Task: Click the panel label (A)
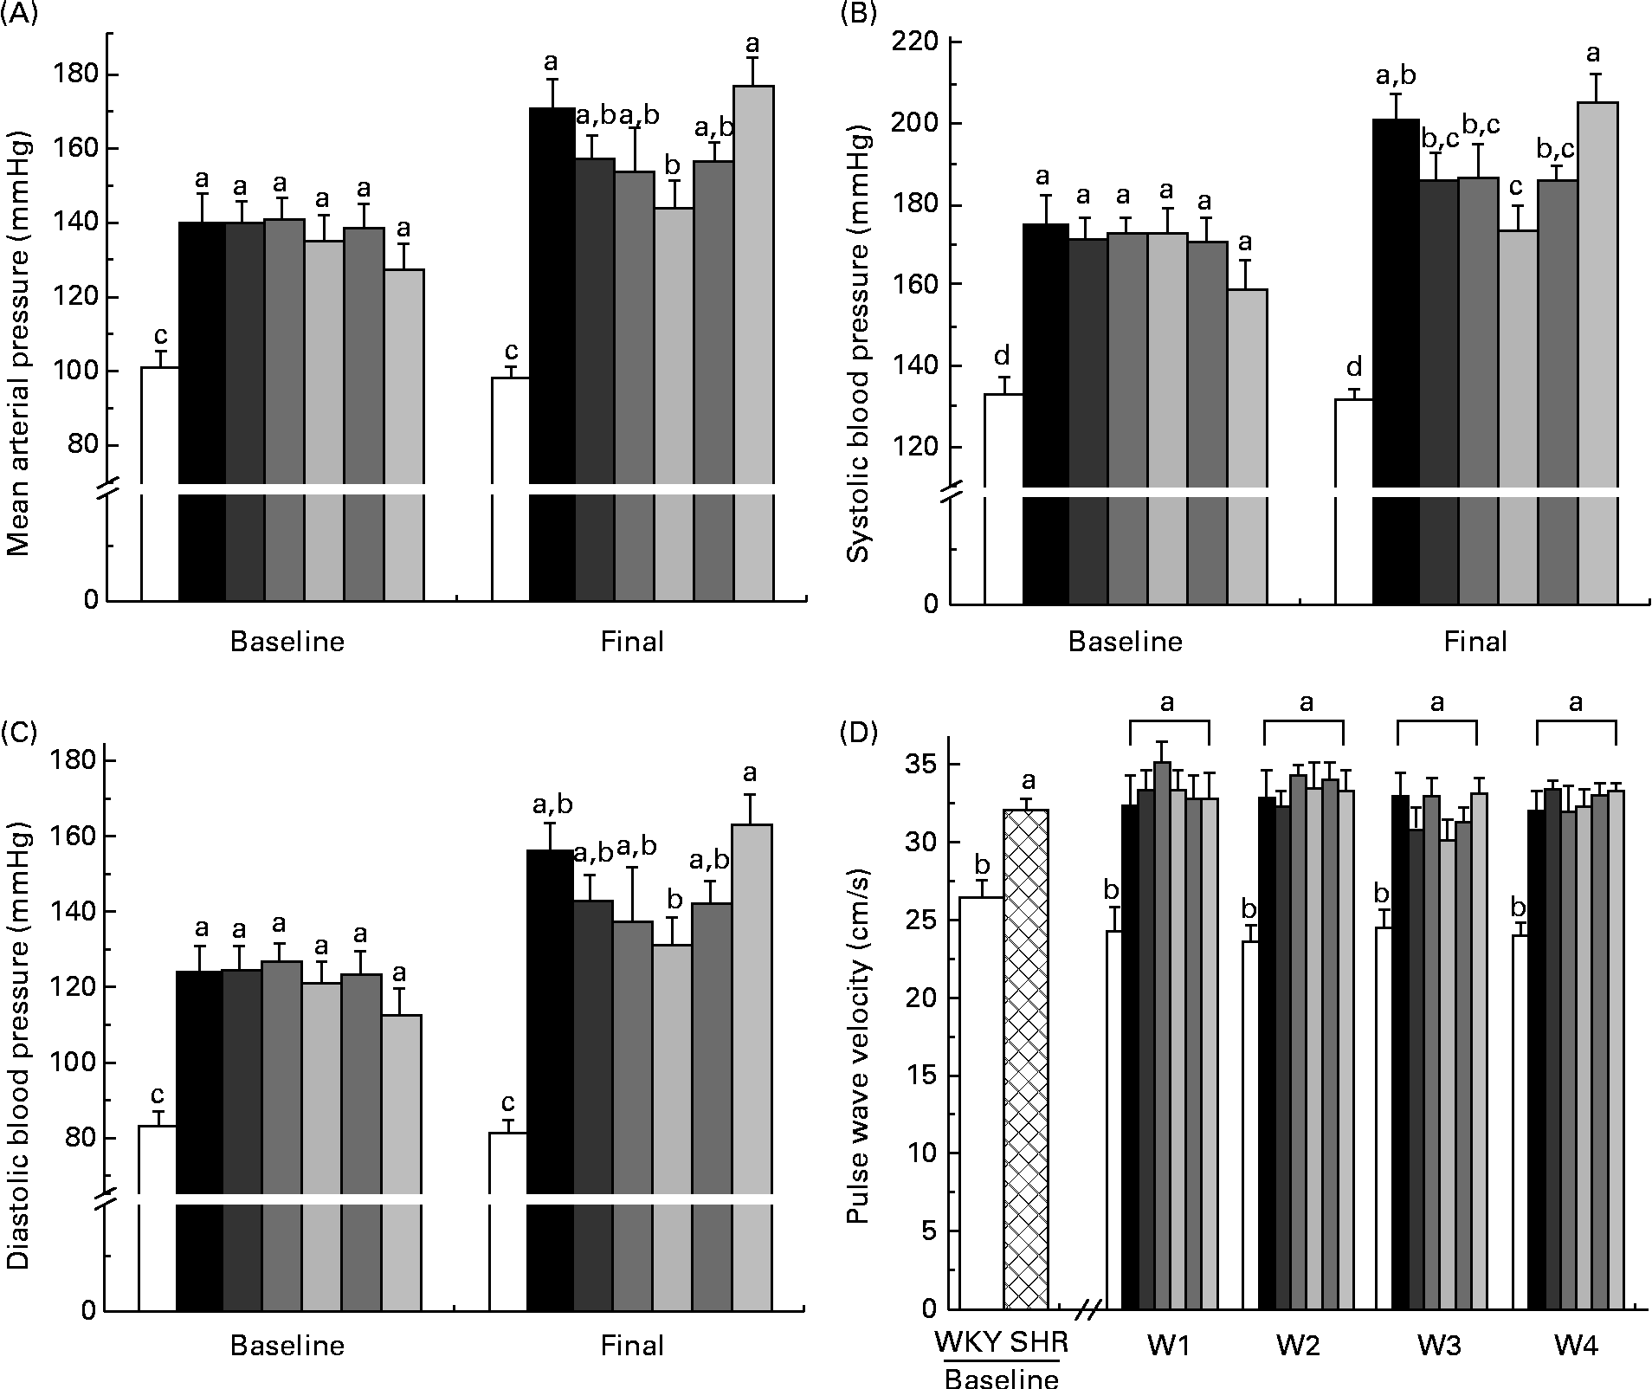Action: click(19, 16)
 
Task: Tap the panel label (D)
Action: click(859, 733)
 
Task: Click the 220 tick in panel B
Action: click(918, 42)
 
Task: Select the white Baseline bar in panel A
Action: click(159, 485)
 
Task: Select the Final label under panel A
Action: click(632, 642)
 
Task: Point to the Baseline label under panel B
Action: click(1125, 642)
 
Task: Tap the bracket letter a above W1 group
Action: click(1167, 701)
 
